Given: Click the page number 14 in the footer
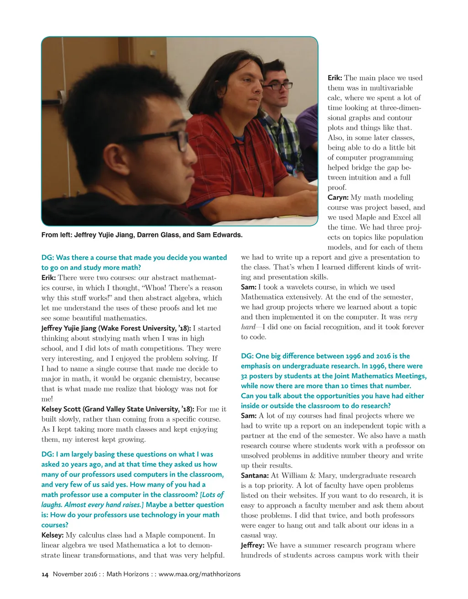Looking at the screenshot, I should pyautogui.click(x=45, y=574).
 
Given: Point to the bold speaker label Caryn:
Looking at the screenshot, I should pyautogui.click(x=338, y=198).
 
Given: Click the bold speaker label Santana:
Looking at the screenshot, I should pyautogui.click(x=255, y=476).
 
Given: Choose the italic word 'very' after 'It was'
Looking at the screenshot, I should pyautogui.click(x=410, y=317).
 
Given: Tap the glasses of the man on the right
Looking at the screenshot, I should pyautogui.click(x=278, y=86).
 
